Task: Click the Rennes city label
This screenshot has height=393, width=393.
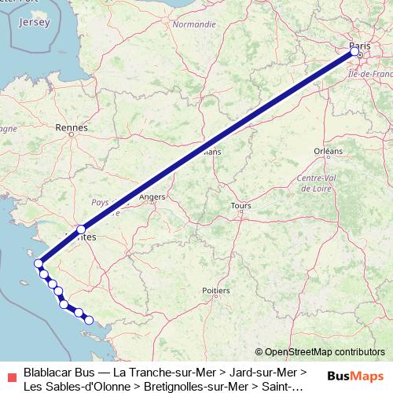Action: (x=72, y=127)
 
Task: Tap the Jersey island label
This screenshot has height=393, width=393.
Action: (x=33, y=22)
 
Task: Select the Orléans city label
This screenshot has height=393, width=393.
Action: (x=328, y=151)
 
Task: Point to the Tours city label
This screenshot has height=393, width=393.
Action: (x=241, y=206)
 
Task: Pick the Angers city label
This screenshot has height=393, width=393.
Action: (x=152, y=197)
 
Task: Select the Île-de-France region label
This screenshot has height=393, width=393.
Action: (x=369, y=73)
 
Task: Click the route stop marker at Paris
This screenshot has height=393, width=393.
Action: (x=355, y=51)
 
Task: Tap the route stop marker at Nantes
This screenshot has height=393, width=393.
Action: (x=81, y=230)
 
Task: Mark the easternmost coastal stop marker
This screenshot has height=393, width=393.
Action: (x=89, y=320)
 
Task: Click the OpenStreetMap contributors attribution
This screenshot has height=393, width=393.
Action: (x=320, y=351)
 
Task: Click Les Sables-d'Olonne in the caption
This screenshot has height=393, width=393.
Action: (x=72, y=386)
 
